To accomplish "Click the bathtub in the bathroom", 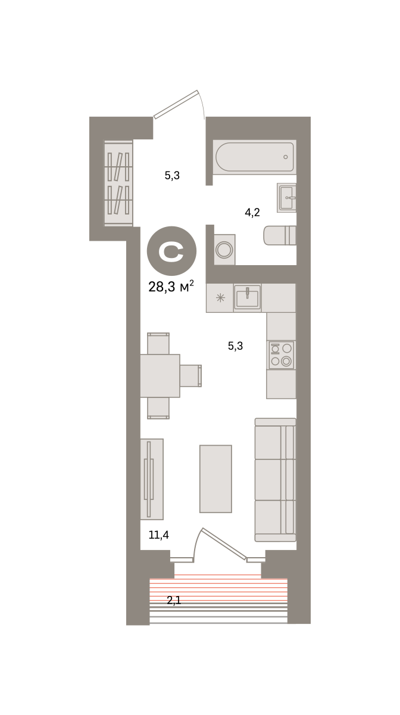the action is (x=255, y=157).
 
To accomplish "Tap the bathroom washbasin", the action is (x=286, y=198).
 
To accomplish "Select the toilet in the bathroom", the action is (x=280, y=235).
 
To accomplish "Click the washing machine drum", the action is (x=224, y=249).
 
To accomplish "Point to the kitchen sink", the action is (x=248, y=297).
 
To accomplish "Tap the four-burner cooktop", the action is (x=282, y=355).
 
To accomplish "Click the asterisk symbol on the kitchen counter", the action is (x=220, y=298).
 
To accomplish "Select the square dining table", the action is (x=160, y=376).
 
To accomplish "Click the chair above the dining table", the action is (x=158, y=343).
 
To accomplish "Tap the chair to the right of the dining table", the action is (x=190, y=376).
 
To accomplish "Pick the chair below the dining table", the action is (x=158, y=408).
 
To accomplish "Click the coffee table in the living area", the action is (x=215, y=479).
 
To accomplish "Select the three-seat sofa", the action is (x=275, y=480).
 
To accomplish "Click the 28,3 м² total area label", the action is (x=171, y=287).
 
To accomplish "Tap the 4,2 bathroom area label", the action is (x=252, y=213).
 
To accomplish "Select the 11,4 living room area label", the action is (x=159, y=534).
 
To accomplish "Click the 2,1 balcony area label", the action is (x=174, y=601).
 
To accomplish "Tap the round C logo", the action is (x=171, y=251).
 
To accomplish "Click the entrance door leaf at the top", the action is (x=176, y=104).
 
